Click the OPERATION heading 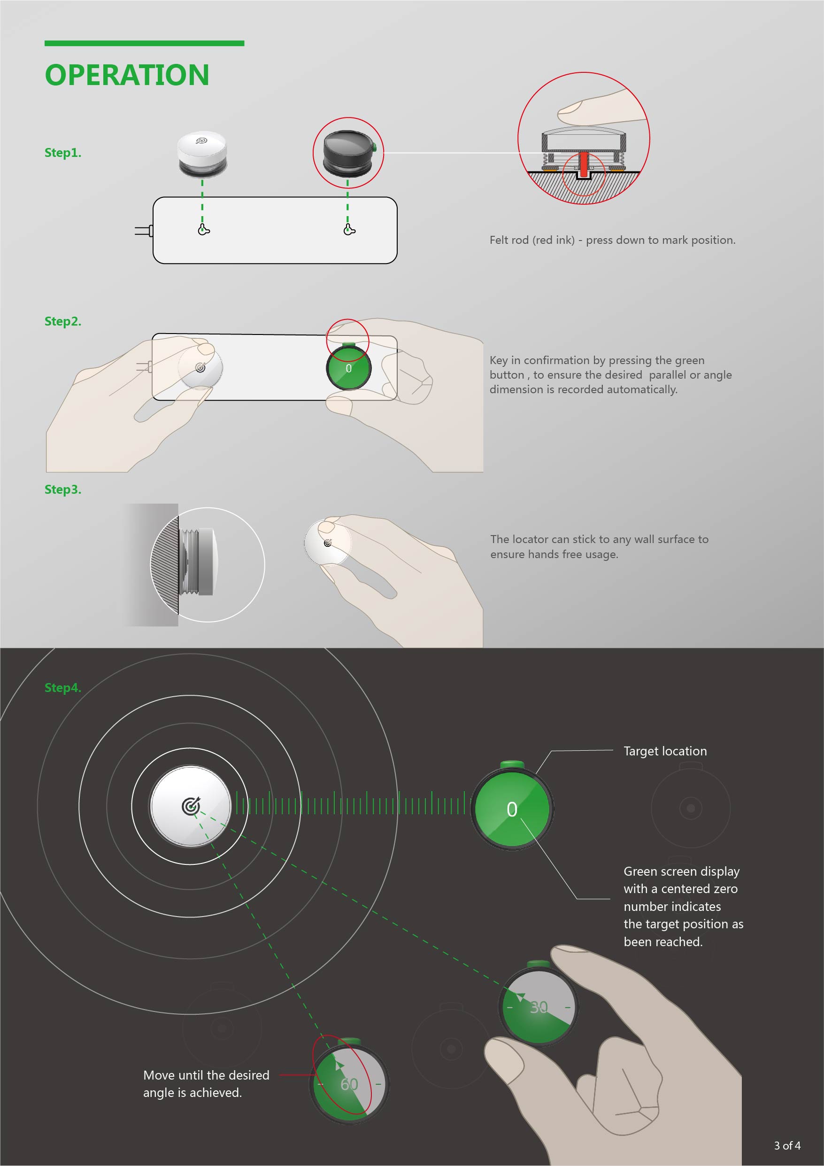[x=127, y=75]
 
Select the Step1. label [x=62, y=153]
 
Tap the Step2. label [x=62, y=321]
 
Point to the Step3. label [x=62, y=490]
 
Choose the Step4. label [x=62, y=688]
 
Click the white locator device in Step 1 [x=202, y=154]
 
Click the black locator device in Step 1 [x=348, y=152]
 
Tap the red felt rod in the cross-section [x=584, y=163]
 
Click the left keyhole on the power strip [x=203, y=230]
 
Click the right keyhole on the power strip [x=349, y=230]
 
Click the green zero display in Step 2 [x=349, y=368]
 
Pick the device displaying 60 [x=349, y=1084]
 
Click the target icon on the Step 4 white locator [x=191, y=806]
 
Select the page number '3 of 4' [x=787, y=1145]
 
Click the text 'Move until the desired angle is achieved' [x=206, y=1083]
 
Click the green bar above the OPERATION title [x=144, y=44]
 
